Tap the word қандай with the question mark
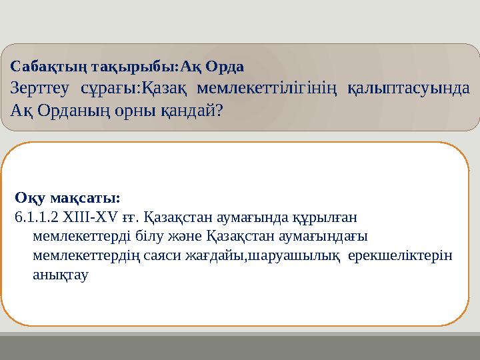coord(194,110)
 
